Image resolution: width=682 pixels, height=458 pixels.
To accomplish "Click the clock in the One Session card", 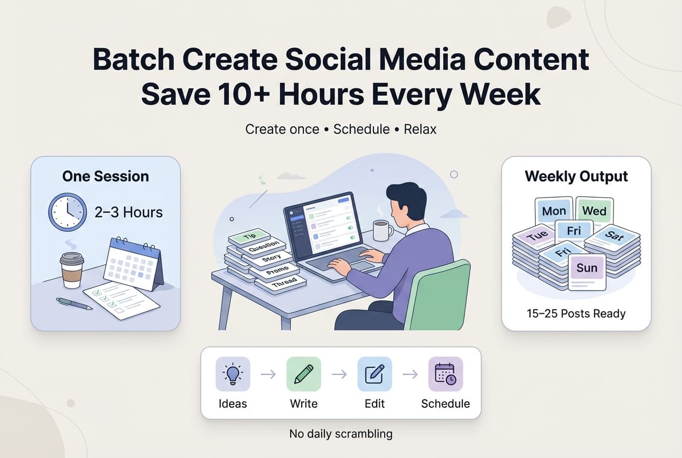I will pos(67,212).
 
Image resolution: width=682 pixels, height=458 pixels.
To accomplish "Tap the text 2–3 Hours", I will pos(128,212).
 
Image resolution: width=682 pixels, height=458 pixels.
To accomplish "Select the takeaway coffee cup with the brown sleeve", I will pos(72,270).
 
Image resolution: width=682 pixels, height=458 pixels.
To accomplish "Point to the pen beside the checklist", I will pos(74,304).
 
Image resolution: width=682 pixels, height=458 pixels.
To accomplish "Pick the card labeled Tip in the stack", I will pos(249,236).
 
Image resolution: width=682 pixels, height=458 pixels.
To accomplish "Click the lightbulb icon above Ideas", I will pos(233,374).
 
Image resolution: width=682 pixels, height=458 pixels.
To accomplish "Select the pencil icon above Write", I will pos(304,374).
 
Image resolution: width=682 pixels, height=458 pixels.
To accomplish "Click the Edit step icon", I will pos(374,374).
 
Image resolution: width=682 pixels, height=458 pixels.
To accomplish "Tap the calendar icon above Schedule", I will pos(445,374).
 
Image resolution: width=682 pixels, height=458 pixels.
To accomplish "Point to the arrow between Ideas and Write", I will pos(268,374).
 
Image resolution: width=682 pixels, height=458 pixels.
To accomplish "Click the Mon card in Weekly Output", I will pos(554,211).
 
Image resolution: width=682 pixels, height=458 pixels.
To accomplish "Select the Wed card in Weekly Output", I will pos(594,211).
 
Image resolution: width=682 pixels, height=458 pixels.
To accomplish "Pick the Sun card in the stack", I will pos(586,268).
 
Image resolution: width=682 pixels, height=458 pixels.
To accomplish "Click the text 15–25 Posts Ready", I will pos(576,314).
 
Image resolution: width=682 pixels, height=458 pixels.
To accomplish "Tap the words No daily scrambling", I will pos(341,434).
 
